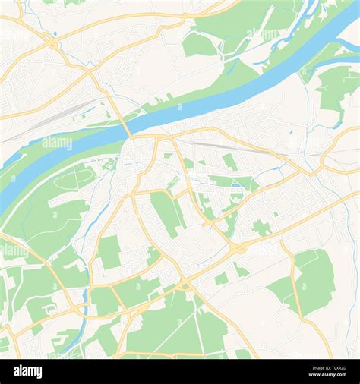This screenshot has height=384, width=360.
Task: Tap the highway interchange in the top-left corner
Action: pyautogui.click(x=52, y=42)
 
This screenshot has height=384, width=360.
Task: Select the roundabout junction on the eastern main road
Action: pyautogui.click(x=240, y=248)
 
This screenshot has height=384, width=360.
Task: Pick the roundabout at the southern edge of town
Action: pyautogui.click(x=184, y=285)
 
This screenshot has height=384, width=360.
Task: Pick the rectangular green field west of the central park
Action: pyautogui.click(x=109, y=252)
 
